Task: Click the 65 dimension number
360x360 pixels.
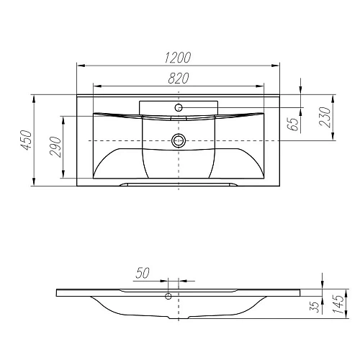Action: [x=292, y=123]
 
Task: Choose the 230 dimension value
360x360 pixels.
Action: [x=325, y=115]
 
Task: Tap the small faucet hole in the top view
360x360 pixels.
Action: [x=179, y=107]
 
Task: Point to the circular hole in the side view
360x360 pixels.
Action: [x=168, y=295]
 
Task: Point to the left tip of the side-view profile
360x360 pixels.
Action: [x=58, y=294]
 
